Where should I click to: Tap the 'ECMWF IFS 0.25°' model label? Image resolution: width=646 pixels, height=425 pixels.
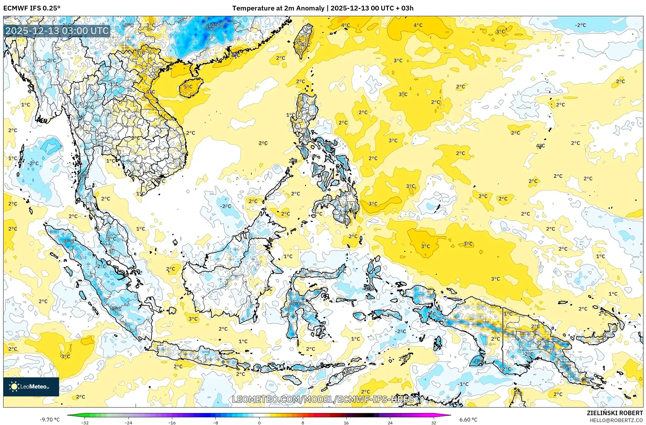[x=32, y=8]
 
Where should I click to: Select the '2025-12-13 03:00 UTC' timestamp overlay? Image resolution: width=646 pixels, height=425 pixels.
[x=57, y=31]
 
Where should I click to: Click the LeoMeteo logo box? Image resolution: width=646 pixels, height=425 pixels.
[x=31, y=387]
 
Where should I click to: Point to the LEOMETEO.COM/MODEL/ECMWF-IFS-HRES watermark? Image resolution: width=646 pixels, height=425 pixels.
[x=323, y=399]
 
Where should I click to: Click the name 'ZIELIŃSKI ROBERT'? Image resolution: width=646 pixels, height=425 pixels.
[x=615, y=413]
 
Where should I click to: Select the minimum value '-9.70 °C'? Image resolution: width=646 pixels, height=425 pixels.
[x=50, y=420]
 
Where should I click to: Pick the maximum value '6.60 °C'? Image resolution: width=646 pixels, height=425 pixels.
[x=468, y=420]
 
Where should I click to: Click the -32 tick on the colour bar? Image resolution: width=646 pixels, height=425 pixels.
[x=85, y=423]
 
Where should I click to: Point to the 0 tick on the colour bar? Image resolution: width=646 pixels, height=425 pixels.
[x=259, y=423]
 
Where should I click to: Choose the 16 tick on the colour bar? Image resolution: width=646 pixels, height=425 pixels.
[x=346, y=423]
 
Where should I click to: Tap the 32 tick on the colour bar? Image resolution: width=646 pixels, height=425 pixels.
[x=433, y=423]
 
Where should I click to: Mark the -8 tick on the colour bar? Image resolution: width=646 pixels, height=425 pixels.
[x=216, y=423]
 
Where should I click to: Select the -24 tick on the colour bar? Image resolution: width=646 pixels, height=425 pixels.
[x=128, y=423]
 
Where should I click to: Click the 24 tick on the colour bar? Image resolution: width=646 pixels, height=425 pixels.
[x=390, y=423]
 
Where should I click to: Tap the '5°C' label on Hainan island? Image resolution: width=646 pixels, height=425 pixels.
[x=188, y=86]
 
